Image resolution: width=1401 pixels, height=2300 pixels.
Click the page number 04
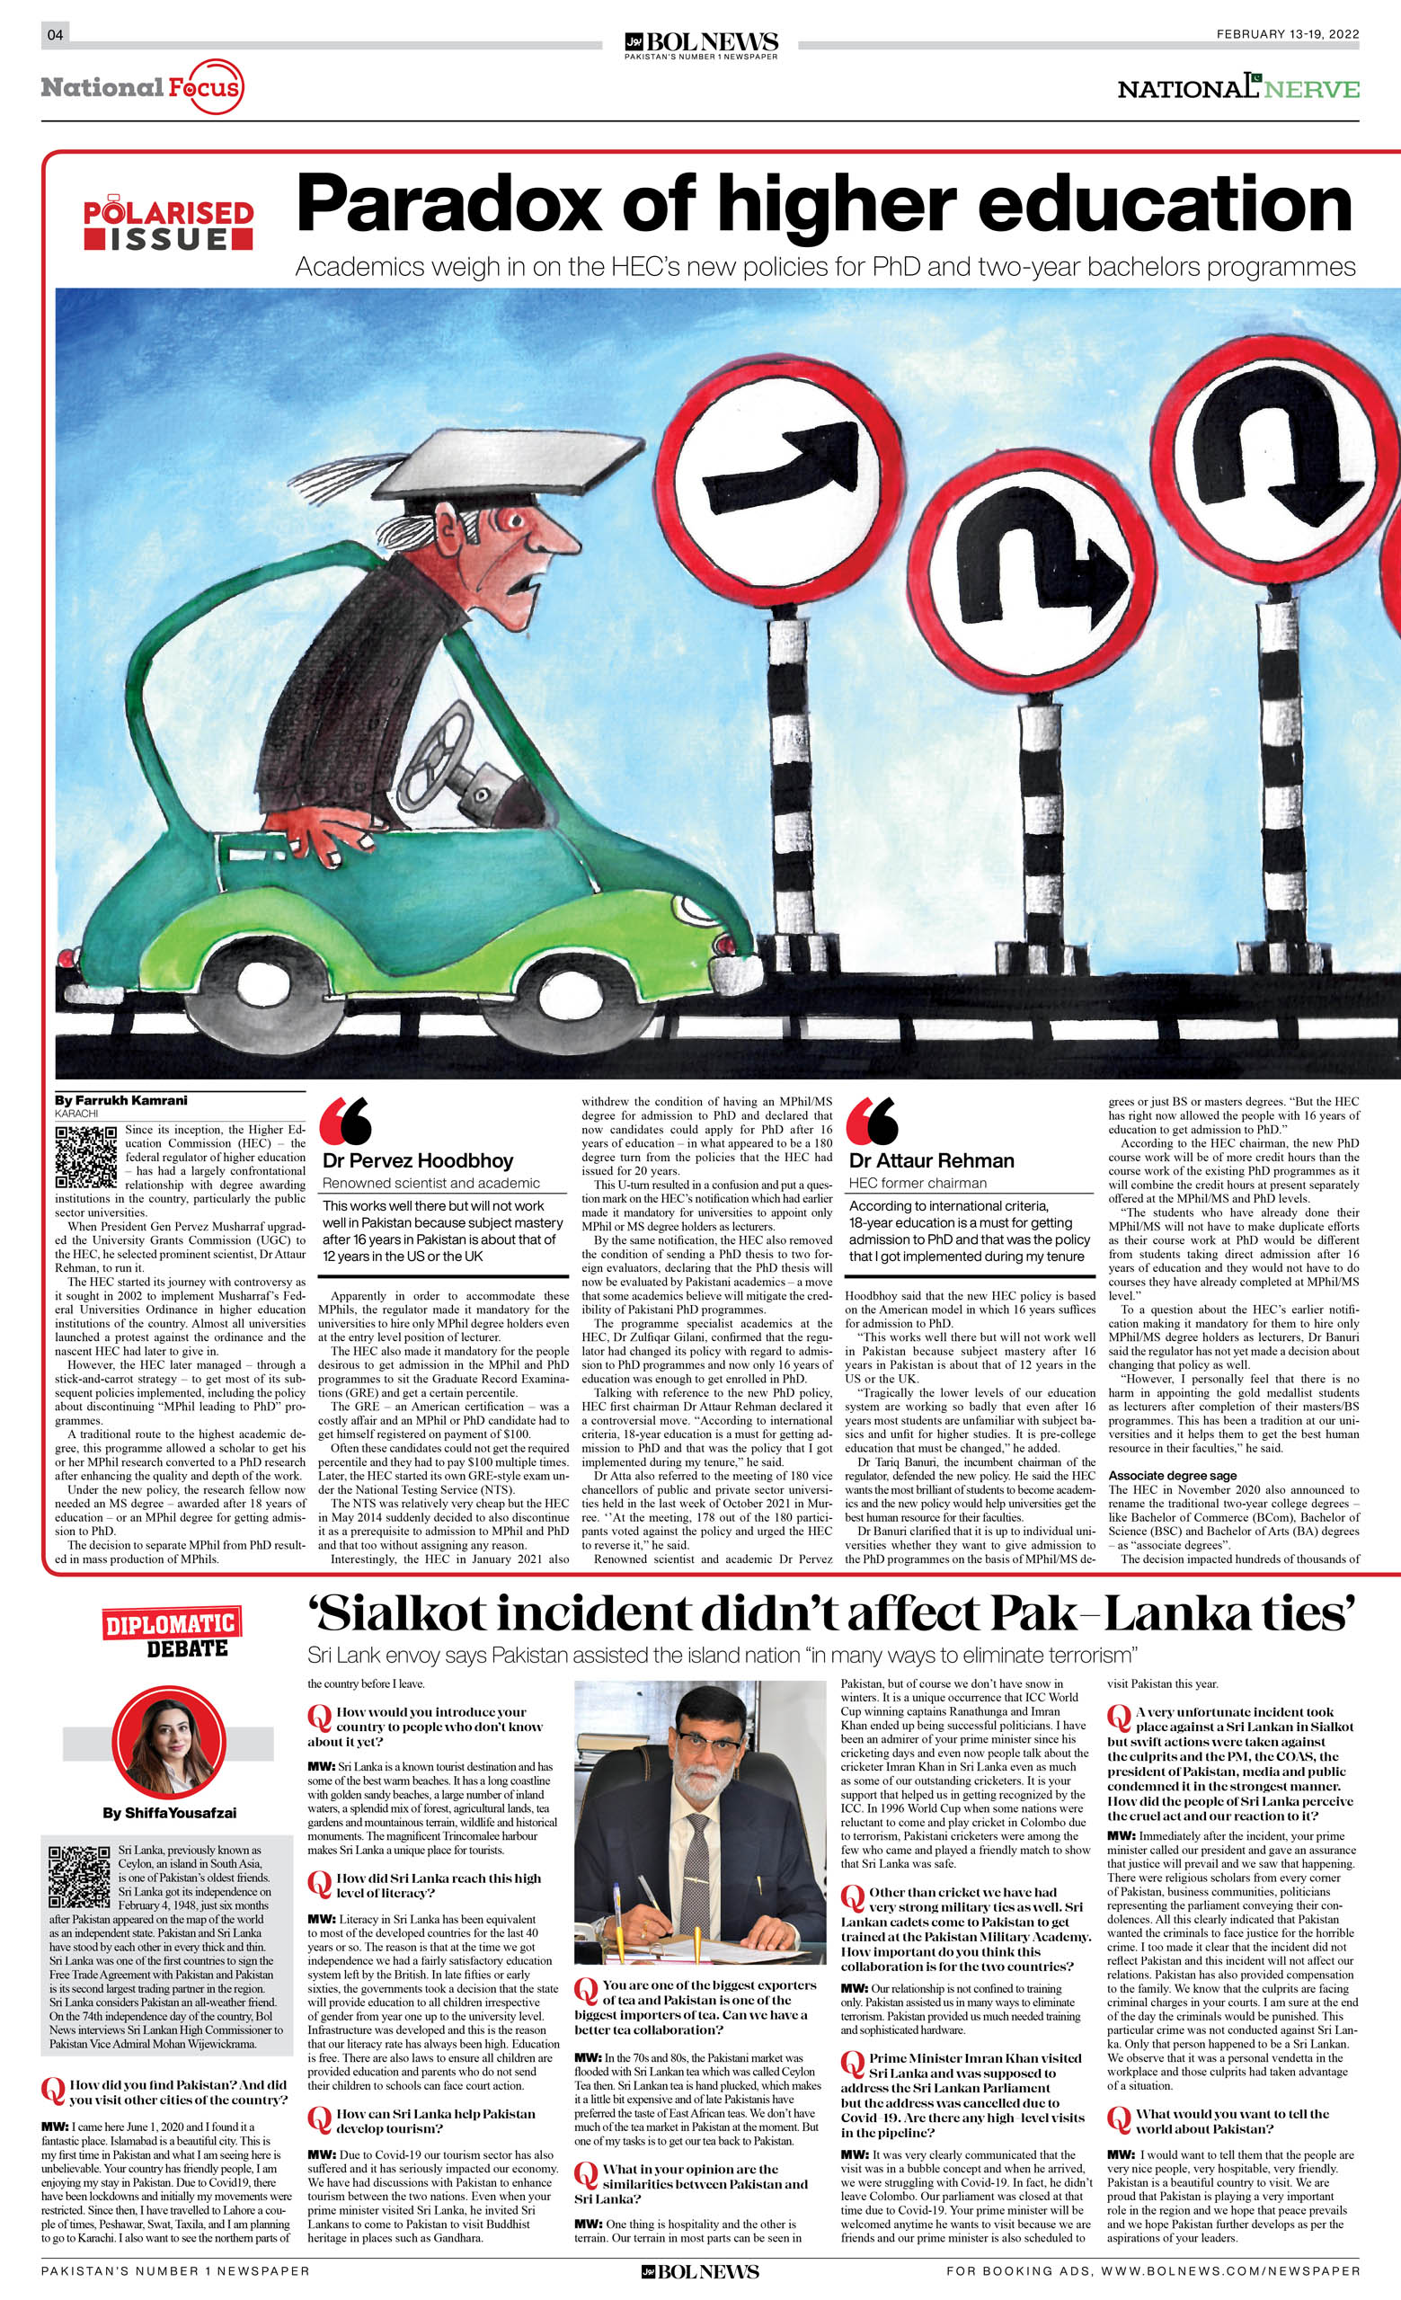55,35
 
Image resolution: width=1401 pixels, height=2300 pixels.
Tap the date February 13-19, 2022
1287,34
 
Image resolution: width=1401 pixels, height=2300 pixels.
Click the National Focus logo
141,88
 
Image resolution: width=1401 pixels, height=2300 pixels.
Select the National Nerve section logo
1238,88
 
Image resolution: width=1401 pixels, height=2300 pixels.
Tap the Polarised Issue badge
168,225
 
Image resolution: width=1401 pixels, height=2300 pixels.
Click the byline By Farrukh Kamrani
120,1099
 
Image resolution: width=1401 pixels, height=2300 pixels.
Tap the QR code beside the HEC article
87,1157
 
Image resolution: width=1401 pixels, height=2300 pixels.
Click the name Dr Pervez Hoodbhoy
417,1160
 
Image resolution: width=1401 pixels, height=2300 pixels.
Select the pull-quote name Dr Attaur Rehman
931,1160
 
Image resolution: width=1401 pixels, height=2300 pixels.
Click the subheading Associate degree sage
1173,1476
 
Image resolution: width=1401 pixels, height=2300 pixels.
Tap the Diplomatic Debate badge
170,1630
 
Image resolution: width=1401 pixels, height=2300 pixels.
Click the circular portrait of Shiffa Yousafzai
169,1743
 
